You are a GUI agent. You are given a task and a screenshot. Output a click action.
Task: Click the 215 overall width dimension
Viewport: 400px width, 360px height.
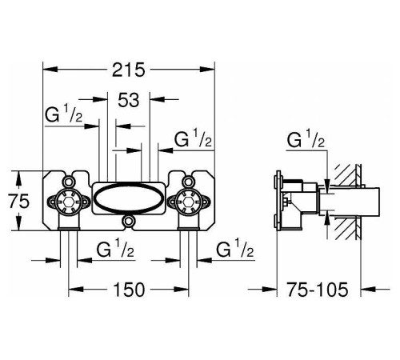129,70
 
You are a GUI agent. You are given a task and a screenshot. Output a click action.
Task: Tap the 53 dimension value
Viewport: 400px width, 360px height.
129,100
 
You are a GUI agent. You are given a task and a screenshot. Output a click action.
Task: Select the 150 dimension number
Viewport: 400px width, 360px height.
129,290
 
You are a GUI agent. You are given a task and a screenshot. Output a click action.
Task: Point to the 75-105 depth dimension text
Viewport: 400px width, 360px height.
318,290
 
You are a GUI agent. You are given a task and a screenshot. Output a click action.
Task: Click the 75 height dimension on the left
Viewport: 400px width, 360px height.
18,201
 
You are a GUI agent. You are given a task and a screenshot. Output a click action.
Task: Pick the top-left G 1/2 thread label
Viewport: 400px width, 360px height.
64,114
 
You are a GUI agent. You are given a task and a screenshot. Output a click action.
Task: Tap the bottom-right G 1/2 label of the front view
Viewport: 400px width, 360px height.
235,249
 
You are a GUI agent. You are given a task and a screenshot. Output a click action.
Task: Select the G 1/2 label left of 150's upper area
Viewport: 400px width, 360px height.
115,249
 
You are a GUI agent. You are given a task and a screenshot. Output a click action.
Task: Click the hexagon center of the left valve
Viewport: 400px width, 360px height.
69,202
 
